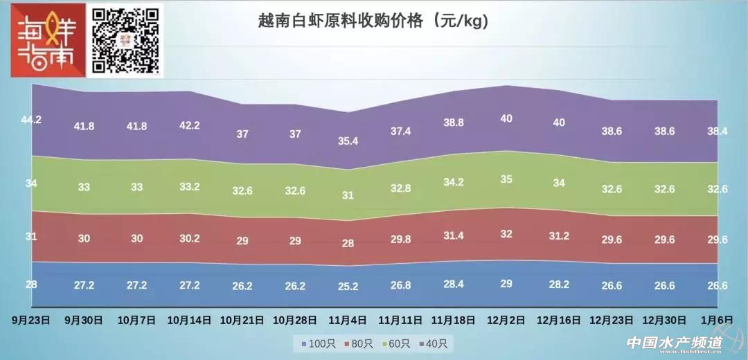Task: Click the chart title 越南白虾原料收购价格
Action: pos(373,21)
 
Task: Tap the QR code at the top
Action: pos(127,40)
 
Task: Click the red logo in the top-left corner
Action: pos(47,40)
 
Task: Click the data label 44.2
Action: pos(31,120)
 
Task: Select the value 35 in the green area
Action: pos(506,179)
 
